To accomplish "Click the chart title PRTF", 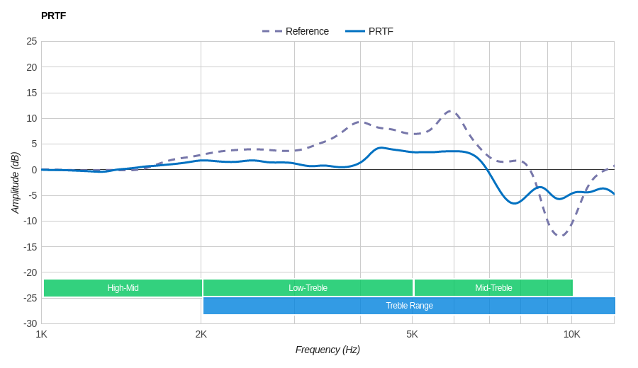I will tap(53, 16).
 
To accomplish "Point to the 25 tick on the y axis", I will tap(32, 41).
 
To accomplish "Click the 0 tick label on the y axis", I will tap(34, 170).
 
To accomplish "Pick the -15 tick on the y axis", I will tap(30, 247).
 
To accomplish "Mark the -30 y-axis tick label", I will tap(30, 323).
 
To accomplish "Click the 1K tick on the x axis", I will tap(42, 334).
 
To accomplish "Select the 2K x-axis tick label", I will tap(201, 334).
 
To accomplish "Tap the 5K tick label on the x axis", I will tap(412, 334).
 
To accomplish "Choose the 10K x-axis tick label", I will tap(571, 334).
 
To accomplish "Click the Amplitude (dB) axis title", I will tap(15, 183).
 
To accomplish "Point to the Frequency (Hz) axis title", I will tap(328, 350).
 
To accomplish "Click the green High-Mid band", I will tap(123, 288).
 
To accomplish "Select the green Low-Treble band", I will tap(308, 288).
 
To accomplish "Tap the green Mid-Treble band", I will tap(493, 288).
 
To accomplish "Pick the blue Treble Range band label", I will tap(409, 306).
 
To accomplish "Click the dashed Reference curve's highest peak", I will tap(452, 110).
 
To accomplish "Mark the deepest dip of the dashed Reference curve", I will tap(560, 236).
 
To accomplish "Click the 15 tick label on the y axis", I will tap(32, 93).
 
